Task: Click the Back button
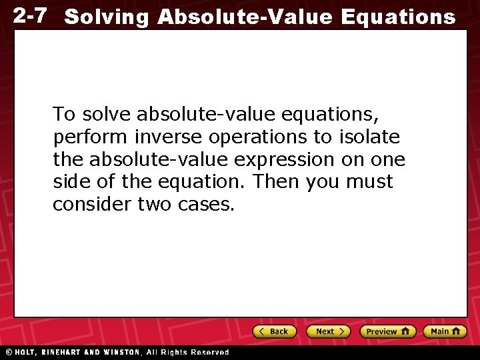(274, 331)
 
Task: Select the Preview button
(387, 331)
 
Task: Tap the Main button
(445, 331)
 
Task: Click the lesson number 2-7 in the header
(29, 15)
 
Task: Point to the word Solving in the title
(107, 17)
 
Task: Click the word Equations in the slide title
(398, 17)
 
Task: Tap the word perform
(82, 138)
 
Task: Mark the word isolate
(370, 137)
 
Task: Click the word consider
(91, 205)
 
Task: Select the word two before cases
(155, 205)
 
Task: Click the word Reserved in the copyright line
(209, 352)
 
